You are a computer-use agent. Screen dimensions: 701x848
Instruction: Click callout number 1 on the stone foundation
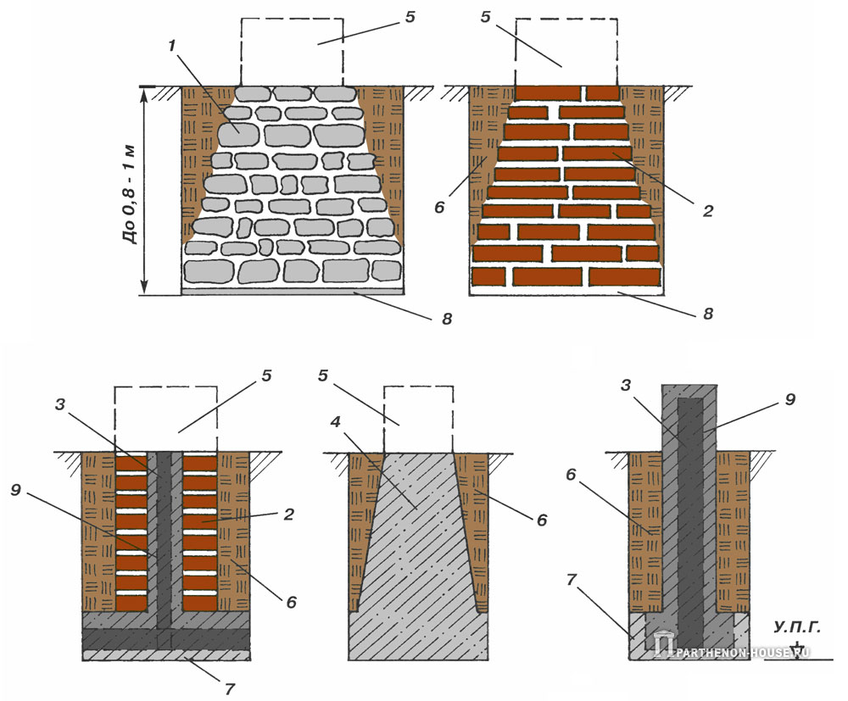[173, 45]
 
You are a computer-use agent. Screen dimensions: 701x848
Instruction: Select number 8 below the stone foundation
[447, 319]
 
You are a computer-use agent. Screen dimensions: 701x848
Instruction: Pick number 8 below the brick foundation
[708, 314]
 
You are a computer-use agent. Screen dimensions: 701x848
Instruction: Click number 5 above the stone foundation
[410, 17]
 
